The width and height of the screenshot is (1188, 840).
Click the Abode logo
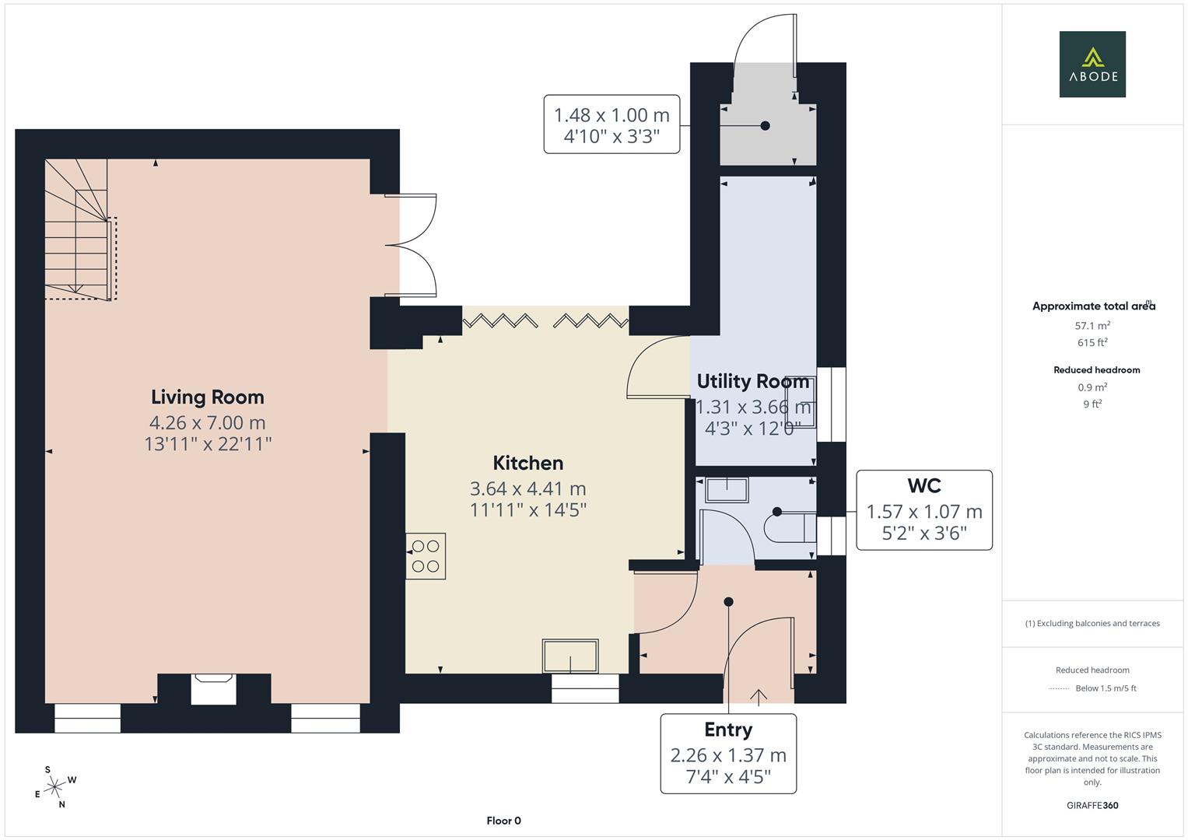click(1092, 65)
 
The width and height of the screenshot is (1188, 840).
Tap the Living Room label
click(208, 397)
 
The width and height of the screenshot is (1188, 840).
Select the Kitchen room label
click(527, 464)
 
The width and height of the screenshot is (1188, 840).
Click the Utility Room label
click(752, 382)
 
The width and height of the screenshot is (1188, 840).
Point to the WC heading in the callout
click(923, 486)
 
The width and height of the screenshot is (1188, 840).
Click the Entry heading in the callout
click(727, 730)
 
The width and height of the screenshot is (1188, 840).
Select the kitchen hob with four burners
click(426, 556)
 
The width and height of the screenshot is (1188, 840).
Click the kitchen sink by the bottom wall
click(571, 656)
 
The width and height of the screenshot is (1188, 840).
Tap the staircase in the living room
click(78, 229)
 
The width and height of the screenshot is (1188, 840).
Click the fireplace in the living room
click(214, 689)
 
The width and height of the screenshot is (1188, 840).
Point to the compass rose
click(55, 787)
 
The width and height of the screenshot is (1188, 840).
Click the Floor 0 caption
click(503, 821)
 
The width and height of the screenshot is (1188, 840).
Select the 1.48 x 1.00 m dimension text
click(612, 115)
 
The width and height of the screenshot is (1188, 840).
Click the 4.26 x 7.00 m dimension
click(208, 423)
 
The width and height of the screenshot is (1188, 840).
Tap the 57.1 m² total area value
click(1092, 326)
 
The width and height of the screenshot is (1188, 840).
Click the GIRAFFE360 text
click(1092, 805)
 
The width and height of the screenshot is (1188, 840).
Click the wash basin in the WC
click(726, 490)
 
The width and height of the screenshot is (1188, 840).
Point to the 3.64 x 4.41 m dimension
click(527, 489)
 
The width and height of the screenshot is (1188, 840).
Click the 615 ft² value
click(1092, 343)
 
